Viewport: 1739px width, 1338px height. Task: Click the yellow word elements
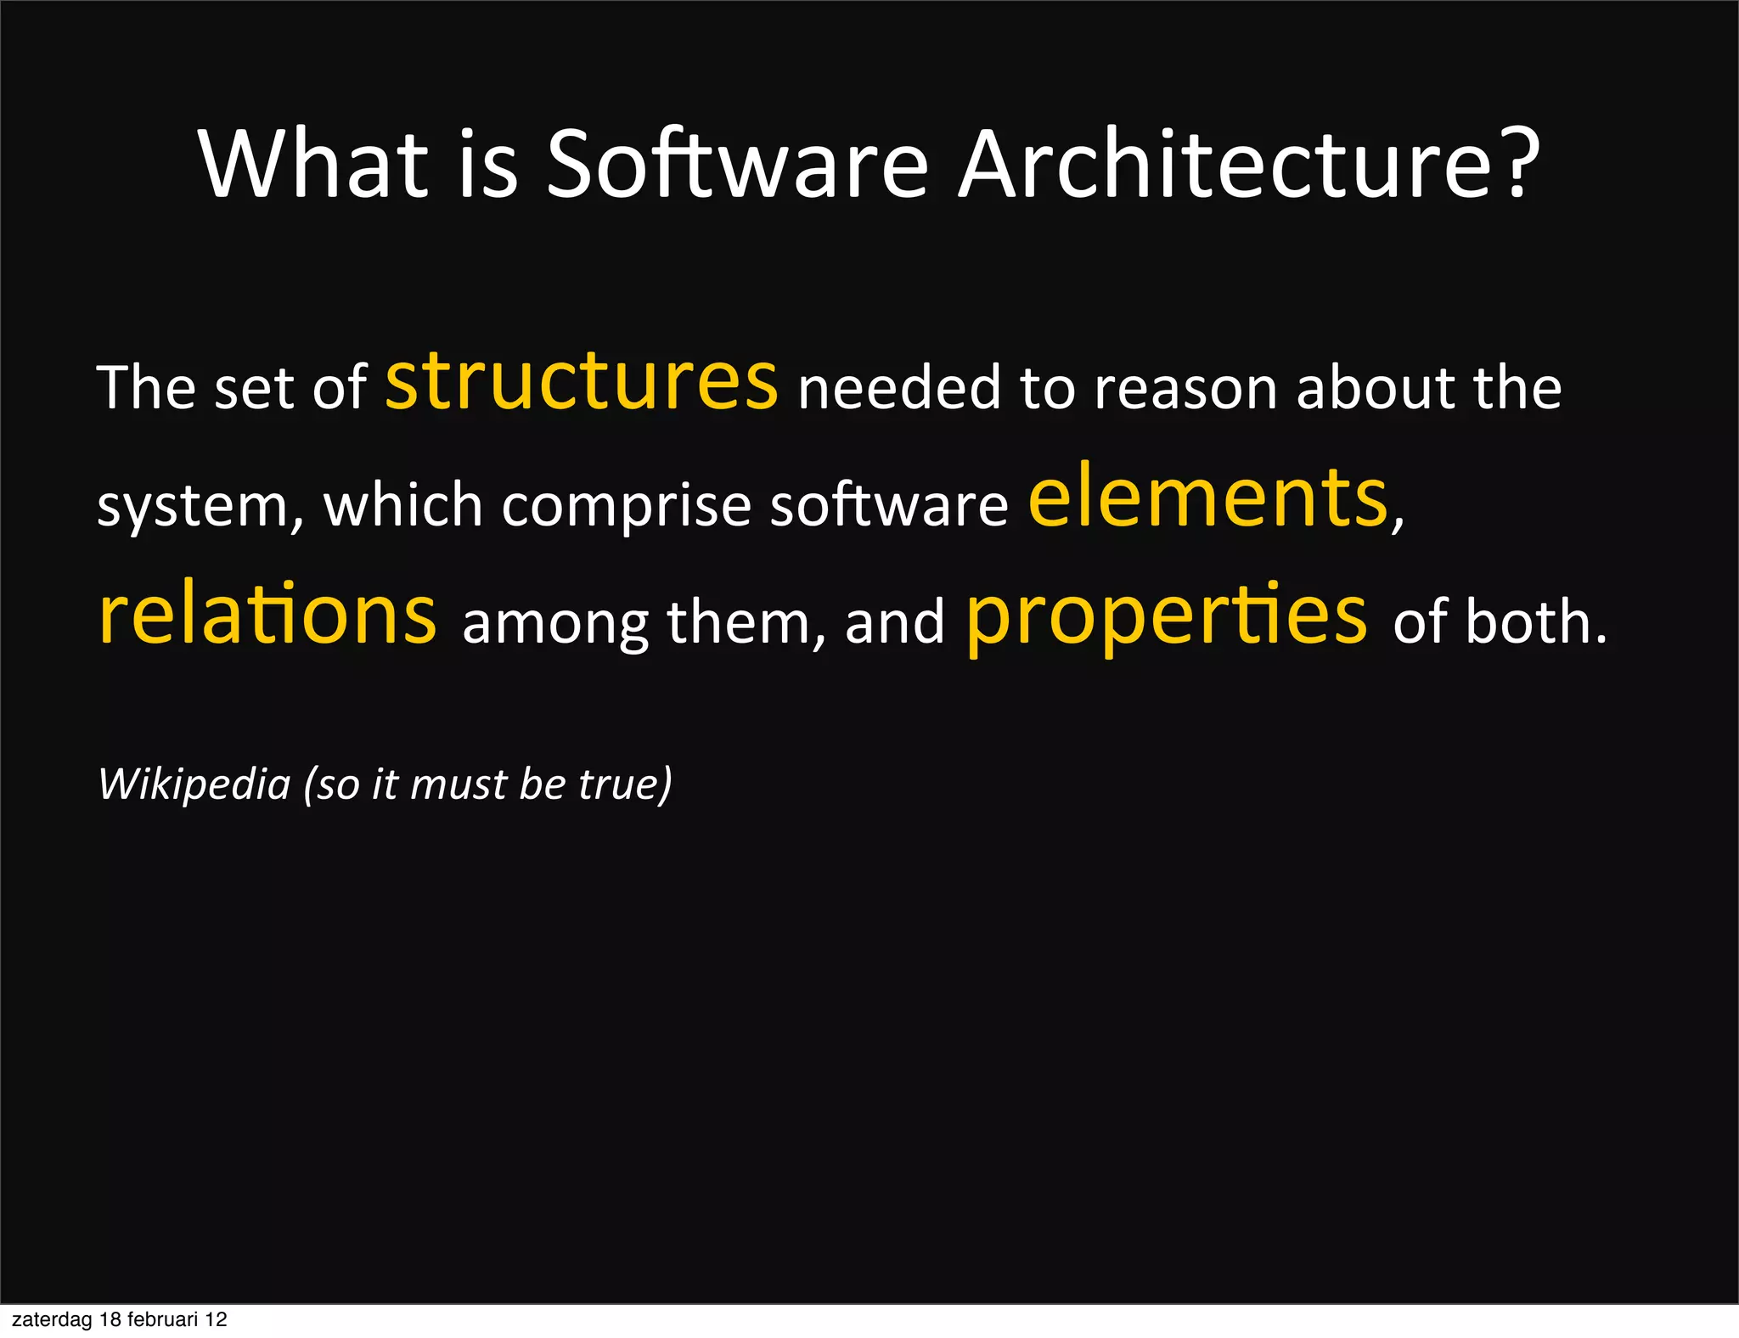(1207, 499)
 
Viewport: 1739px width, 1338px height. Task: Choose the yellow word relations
(267, 615)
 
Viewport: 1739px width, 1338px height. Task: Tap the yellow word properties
(1167, 618)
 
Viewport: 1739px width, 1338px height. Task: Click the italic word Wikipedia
(194, 784)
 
